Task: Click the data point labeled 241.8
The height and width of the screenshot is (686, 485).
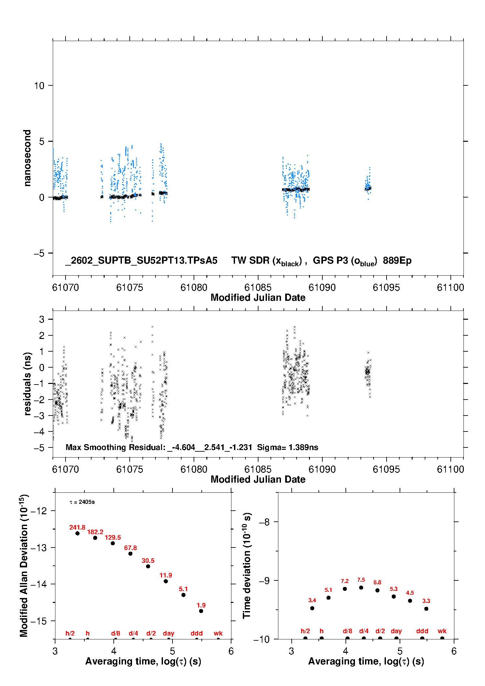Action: point(78,533)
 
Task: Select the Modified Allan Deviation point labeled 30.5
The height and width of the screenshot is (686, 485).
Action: point(148,566)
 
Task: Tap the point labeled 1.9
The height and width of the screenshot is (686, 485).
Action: point(201,611)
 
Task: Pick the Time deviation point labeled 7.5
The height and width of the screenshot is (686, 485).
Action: point(361,588)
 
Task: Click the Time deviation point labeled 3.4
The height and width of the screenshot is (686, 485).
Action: point(312,608)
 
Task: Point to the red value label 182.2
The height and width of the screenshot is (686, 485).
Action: point(95,532)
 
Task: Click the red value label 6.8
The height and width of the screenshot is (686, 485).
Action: point(377,582)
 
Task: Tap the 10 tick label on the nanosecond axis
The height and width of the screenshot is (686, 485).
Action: point(39,86)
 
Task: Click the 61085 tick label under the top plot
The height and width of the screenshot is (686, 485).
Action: point(258,288)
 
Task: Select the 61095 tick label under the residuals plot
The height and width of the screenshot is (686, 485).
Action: point(386,470)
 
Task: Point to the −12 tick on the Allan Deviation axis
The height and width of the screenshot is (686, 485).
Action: point(38,511)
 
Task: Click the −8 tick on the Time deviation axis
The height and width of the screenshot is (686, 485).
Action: point(264,522)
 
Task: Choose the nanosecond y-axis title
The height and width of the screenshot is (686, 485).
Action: point(27,158)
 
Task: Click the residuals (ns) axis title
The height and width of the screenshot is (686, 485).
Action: point(27,384)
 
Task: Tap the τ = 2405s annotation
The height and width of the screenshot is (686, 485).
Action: point(82,502)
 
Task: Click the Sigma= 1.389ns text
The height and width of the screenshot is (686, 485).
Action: point(287,447)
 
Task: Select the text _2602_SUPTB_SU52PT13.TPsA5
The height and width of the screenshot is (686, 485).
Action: point(141,261)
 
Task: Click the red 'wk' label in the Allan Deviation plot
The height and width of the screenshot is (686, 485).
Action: point(218,634)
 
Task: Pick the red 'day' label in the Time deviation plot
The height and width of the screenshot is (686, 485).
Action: point(396,631)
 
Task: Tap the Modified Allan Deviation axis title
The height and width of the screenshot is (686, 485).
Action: point(24,566)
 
